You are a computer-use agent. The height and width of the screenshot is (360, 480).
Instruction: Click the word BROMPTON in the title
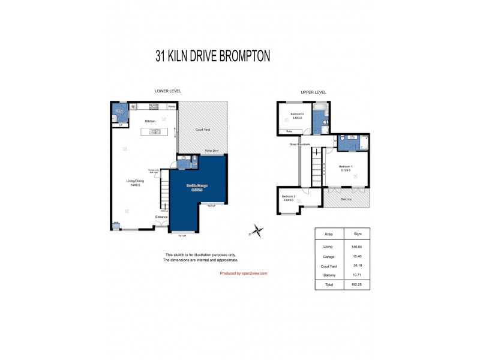(238, 56)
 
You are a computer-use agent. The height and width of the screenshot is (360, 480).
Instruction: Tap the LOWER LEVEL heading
(167, 91)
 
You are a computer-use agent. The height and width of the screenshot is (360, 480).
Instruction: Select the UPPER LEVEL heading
(313, 92)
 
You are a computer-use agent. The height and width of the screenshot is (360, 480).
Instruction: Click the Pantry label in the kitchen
(172, 106)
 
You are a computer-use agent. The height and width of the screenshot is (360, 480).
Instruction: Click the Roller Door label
(211, 151)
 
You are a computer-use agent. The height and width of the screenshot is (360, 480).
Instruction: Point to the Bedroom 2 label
(297, 115)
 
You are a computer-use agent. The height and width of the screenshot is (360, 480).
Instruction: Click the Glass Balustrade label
(300, 144)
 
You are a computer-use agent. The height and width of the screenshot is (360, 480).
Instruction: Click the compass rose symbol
(257, 230)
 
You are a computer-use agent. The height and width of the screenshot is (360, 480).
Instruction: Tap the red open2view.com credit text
(243, 273)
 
